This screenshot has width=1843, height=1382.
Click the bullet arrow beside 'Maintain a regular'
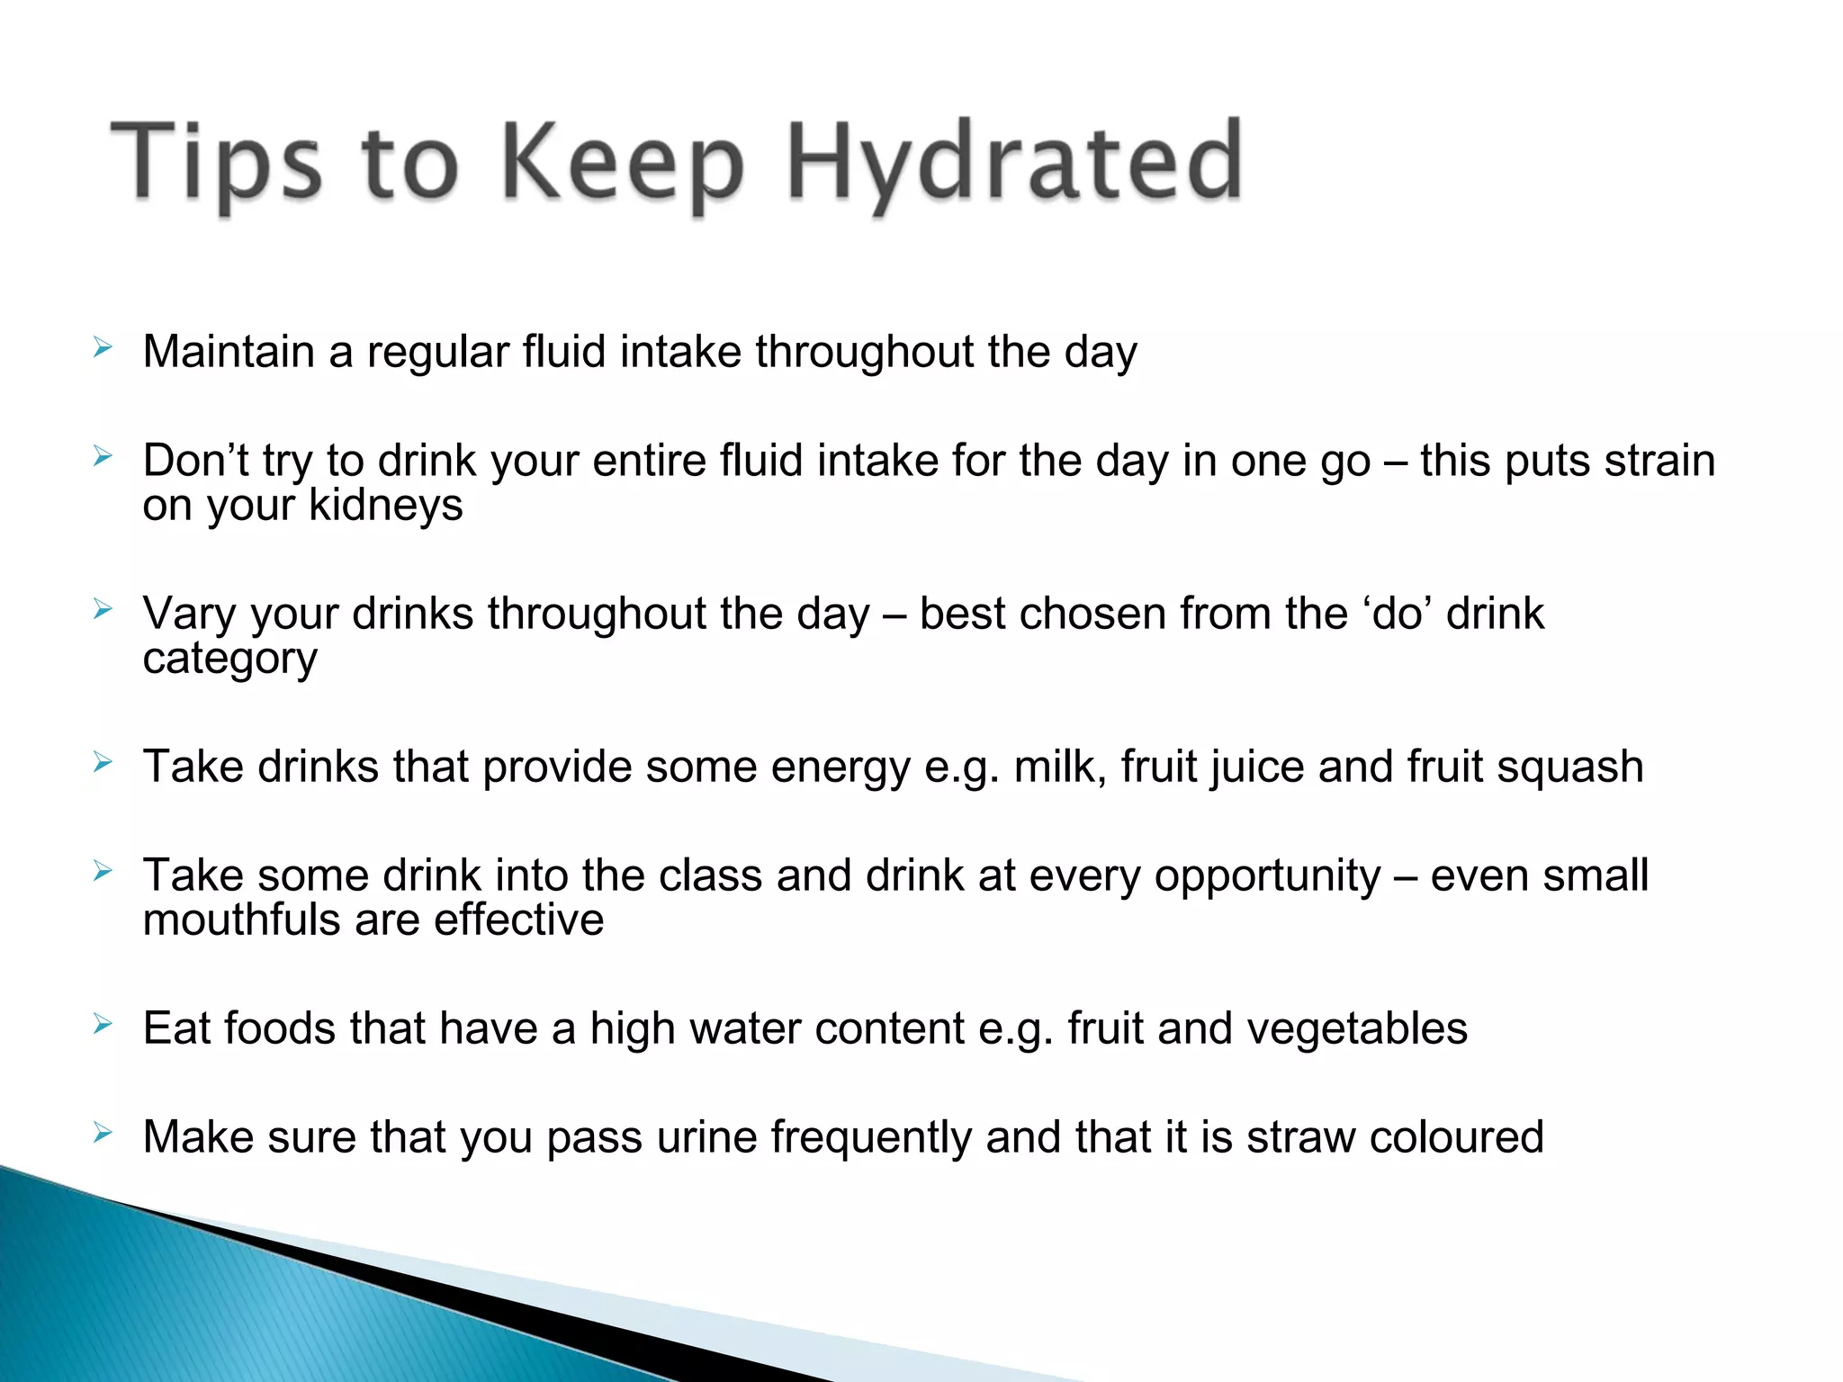[x=103, y=347]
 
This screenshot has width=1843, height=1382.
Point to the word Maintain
[x=229, y=351]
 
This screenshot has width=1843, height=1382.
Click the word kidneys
[x=385, y=505]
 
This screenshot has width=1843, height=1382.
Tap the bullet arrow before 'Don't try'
[x=103, y=456]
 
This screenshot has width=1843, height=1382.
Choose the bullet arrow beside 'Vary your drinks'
[x=103, y=609]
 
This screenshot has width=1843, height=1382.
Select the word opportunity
[x=1268, y=876]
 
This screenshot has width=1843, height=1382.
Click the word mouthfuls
[x=241, y=920]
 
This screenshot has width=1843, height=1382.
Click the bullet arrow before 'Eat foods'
[x=103, y=1024]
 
